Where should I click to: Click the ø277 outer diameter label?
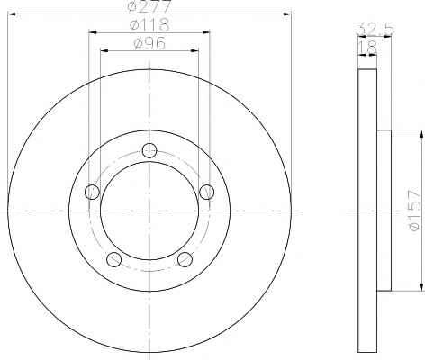point(149,6)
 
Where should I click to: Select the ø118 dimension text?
point(149,24)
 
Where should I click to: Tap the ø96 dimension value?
point(149,43)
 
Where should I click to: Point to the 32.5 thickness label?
point(375,29)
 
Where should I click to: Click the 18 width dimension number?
point(367,47)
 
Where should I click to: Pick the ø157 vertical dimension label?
point(415,210)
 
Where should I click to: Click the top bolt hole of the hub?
point(149,150)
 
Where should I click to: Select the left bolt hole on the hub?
point(92,192)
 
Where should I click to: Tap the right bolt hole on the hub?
point(207,192)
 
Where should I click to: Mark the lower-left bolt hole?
point(114,259)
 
